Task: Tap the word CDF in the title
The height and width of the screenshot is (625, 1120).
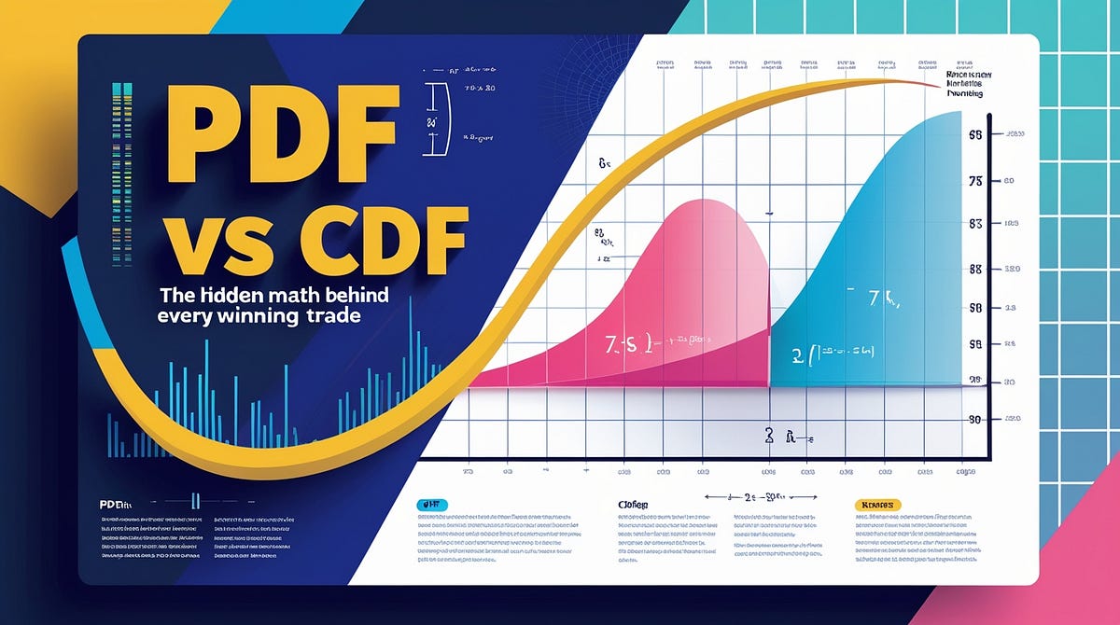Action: (372, 241)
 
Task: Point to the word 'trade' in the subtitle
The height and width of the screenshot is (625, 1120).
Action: (333, 317)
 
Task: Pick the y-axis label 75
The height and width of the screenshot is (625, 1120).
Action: (976, 182)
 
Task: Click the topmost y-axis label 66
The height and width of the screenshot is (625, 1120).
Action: (976, 135)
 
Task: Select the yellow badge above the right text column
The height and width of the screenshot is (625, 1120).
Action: (878, 504)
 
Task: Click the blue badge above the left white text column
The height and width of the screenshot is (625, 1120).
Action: (431, 504)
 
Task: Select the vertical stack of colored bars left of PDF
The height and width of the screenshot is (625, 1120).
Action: (117, 135)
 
